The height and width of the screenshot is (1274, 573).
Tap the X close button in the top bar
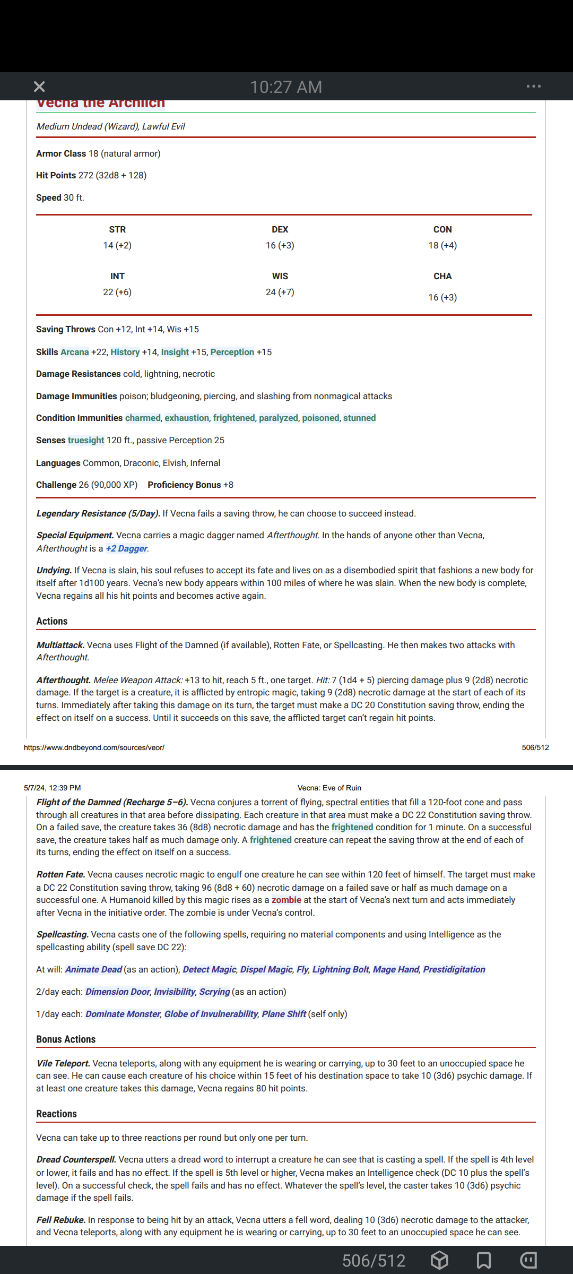(x=39, y=87)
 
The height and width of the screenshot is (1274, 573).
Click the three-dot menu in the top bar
(x=533, y=87)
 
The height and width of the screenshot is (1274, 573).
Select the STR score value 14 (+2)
(x=117, y=245)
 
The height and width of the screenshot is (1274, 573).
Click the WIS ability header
(x=280, y=276)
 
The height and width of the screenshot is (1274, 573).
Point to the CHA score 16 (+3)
(x=442, y=297)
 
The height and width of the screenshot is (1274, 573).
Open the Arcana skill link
(x=75, y=352)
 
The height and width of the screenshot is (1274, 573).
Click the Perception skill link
(x=232, y=352)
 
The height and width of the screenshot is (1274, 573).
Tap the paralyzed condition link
(x=279, y=418)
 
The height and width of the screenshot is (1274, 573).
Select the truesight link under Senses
(x=86, y=440)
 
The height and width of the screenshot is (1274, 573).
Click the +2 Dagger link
(x=127, y=548)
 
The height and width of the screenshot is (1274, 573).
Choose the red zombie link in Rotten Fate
(x=286, y=900)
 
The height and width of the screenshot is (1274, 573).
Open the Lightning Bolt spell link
(x=341, y=969)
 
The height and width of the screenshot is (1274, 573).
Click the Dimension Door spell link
(x=118, y=992)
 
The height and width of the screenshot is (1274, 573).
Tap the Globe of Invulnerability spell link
(x=211, y=1014)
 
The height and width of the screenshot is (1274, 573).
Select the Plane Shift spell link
(x=284, y=1014)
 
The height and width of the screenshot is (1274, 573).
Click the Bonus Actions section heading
(x=66, y=1039)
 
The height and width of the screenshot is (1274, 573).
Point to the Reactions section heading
(x=57, y=1114)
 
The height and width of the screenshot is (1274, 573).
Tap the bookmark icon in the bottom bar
(x=484, y=1260)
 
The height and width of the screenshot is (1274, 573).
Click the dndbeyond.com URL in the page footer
(x=94, y=747)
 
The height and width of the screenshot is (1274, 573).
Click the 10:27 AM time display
(x=286, y=87)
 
